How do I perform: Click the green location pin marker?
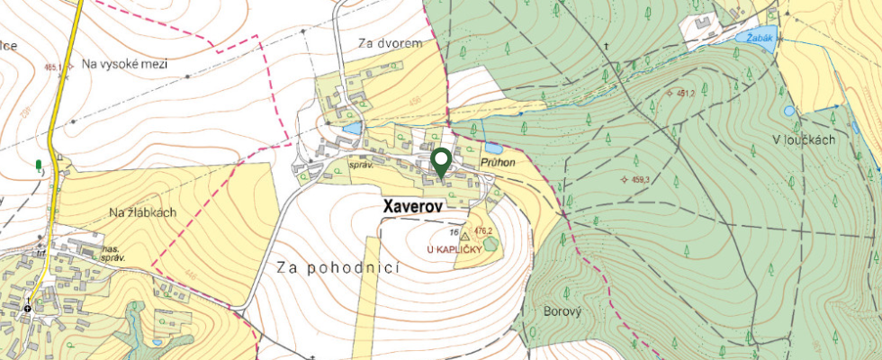[441, 162]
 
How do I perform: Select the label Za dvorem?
[389, 42]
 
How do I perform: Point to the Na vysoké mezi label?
[123, 64]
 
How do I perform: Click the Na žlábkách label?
[142, 212]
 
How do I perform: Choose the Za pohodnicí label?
[337, 267]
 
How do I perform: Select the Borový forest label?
[563, 310]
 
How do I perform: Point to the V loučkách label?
[804, 139]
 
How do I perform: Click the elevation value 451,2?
[683, 93]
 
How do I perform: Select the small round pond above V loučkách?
[789, 111]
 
